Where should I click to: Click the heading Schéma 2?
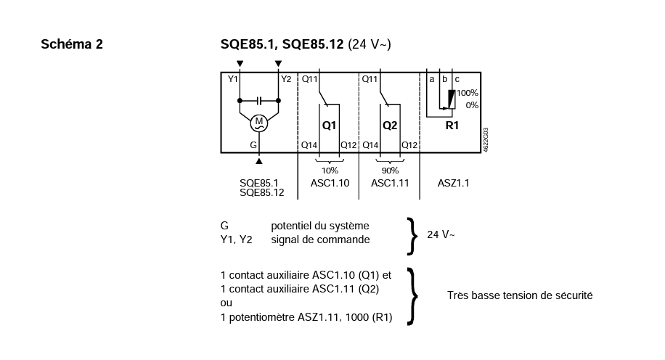point(72,44)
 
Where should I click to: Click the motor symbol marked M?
point(258,123)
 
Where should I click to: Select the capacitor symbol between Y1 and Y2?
point(259,100)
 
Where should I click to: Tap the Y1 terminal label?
point(233,79)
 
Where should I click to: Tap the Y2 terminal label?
point(286,79)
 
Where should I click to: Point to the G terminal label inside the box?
point(253,145)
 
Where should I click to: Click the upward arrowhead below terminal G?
point(258,161)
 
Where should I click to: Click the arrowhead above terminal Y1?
point(240,64)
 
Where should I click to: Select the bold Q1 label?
point(329,126)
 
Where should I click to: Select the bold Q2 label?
point(390,126)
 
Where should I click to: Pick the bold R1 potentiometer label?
point(452,126)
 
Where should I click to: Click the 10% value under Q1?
point(330,171)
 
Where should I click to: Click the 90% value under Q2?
point(390,171)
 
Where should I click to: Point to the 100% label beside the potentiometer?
point(468,93)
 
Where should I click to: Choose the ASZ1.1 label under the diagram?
point(453,183)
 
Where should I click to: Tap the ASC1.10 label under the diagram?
point(330,183)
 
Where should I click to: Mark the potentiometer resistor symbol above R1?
point(452,99)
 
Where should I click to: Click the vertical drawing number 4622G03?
point(486,140)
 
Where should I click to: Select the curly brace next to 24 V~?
point(412,236)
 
